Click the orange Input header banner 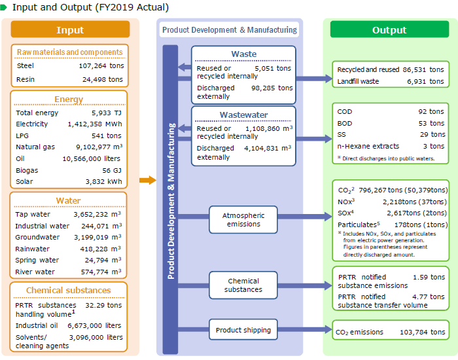tap(70, 30)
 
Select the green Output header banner tap(389, 30)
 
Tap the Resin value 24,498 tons tap(102, 79)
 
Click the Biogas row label tap(27, 170)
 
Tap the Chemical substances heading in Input tap(69, 291)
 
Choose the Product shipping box tap(243, 330)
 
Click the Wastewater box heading tap(243, 115)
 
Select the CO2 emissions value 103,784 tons tap(422, 333)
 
